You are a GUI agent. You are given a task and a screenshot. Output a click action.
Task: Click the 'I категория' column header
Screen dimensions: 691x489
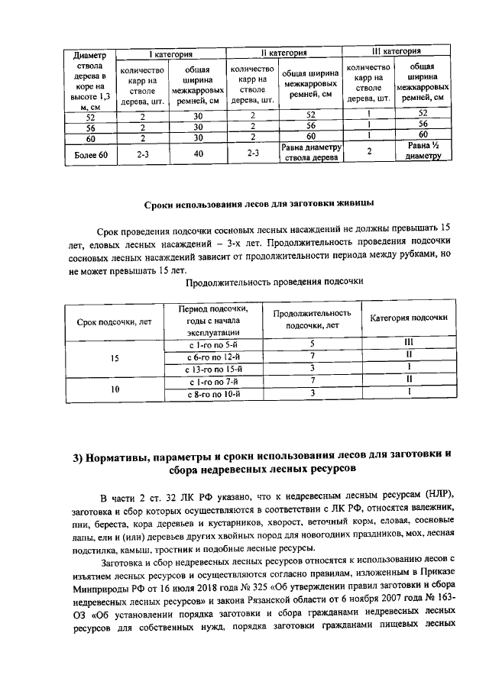point(170,54)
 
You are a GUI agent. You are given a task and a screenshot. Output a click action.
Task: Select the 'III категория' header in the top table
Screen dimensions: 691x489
point(395,52)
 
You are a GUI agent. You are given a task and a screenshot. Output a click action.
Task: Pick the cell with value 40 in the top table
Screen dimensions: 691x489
point(198,153)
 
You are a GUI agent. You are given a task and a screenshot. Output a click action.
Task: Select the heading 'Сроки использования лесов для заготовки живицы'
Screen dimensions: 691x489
point(258,205)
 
